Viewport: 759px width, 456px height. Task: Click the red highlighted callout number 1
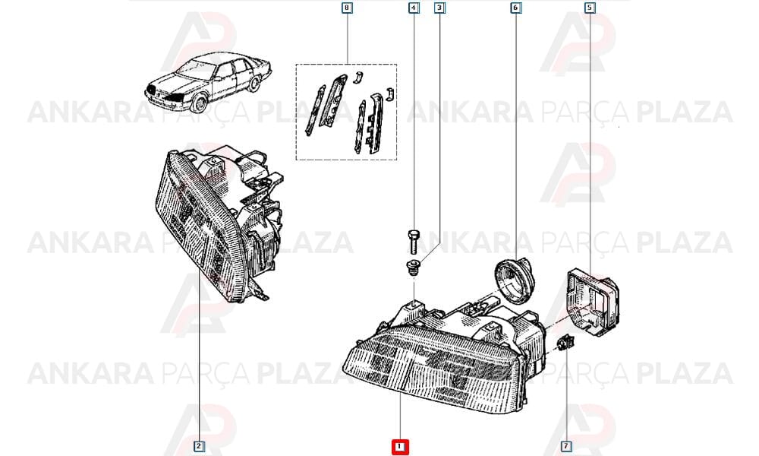point(400,447)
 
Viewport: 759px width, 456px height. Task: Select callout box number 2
point(198,446)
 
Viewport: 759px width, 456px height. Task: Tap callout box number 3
point(439,8)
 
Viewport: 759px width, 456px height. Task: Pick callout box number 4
point(414,8)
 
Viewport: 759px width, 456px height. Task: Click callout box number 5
point(590,8)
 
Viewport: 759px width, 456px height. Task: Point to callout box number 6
point(515,8)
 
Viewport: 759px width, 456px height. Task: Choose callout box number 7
point(566,446)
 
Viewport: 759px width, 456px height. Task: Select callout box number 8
point(347,8)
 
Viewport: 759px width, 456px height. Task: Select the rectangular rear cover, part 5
point(592,303)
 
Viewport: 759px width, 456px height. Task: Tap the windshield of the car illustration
point(197,68)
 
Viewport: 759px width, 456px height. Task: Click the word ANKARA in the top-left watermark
point(90,112)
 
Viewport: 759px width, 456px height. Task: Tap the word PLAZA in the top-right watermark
point(685,112)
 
